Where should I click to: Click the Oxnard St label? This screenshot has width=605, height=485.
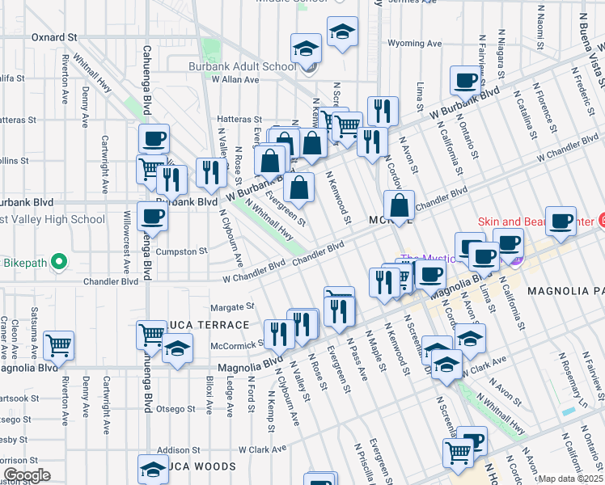point(53,37)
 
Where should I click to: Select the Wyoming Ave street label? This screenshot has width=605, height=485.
point(415,43)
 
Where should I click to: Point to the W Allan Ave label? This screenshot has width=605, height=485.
point(235,80)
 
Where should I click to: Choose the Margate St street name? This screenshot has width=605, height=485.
point(232,307)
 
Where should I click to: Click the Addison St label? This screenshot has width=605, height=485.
point(178,449)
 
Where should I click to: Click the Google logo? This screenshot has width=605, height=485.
point(26,475)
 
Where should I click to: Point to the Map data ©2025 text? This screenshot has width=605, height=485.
point(569,479)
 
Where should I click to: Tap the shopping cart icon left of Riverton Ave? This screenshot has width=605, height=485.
point(58,345)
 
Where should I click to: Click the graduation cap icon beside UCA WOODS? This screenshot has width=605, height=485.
point(152,469)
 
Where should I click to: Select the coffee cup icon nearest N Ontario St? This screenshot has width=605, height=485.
point(466,81)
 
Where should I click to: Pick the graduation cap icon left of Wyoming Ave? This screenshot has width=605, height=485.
point(342,32)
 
